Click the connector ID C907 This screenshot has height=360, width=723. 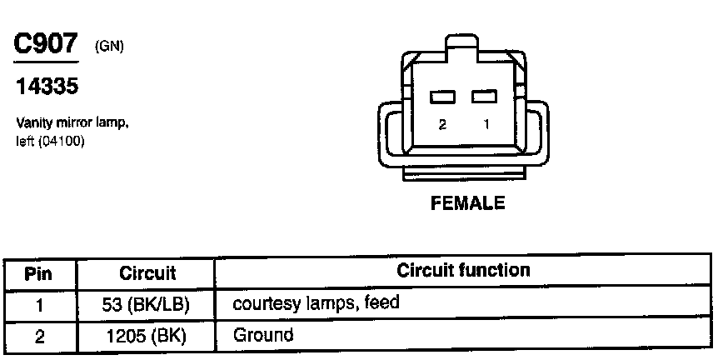point(47,44)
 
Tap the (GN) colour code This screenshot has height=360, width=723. point(109,47)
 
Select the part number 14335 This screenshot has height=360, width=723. point(47,87)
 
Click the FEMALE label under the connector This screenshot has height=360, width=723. point(467,202)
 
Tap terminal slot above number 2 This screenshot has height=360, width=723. point(442,97)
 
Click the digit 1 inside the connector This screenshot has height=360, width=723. point(486,124)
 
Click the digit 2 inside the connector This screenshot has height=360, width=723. point(442,124)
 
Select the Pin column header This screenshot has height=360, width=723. point(39,272)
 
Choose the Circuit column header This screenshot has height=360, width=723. point(147,272)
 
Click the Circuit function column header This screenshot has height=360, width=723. point(463,271)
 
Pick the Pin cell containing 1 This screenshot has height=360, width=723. point(39,304)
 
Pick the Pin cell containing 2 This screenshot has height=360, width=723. point(39,336)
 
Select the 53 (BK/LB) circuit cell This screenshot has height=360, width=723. point(146,304)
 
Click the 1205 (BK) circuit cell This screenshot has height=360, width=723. point(146,336)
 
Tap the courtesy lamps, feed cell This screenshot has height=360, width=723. point(316,303)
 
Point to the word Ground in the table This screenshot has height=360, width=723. point(263,335)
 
